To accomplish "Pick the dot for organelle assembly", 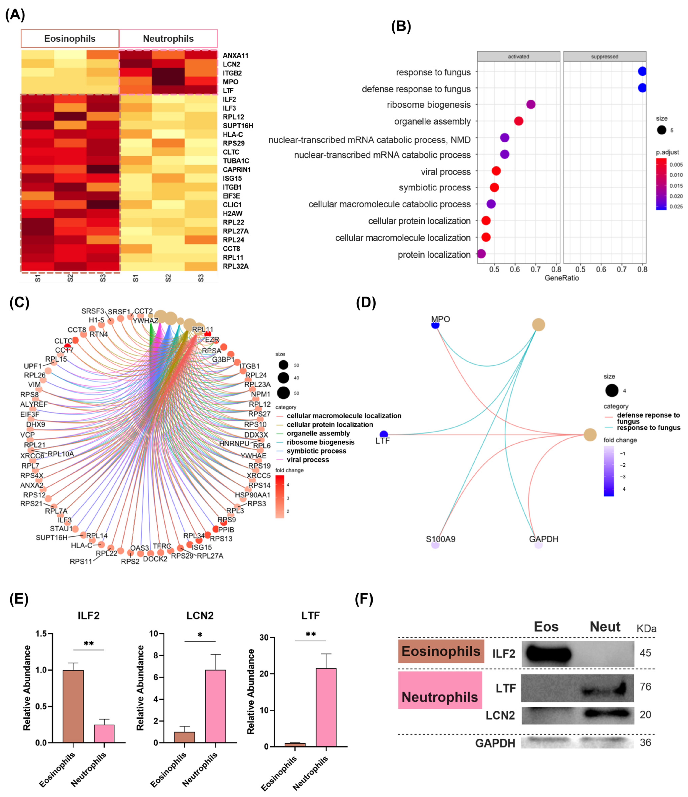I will coord(518,121).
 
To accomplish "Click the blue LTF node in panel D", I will coord(383,435).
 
